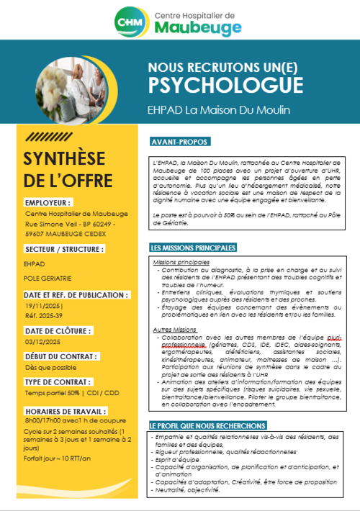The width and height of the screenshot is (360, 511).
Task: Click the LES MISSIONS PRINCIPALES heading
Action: (194, 248)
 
